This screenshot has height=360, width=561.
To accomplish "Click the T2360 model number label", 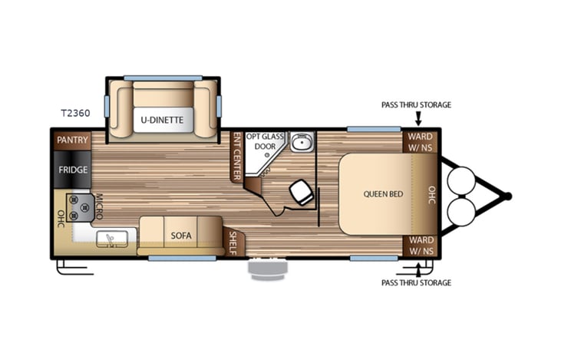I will pos(74,113).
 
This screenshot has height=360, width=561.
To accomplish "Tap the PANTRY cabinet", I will pos(73,140).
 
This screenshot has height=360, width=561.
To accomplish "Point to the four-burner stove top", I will pos(81,205).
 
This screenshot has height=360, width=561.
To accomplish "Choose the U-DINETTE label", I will pos(160,120).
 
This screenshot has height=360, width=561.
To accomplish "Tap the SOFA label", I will pos(180,235).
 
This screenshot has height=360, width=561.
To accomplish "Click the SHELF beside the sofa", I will pos(234,243).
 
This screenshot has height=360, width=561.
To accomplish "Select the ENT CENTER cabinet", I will pos(236,157).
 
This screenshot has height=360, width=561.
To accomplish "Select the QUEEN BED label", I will pos(383,193).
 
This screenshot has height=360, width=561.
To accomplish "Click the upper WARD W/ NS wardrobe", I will pos(419,142).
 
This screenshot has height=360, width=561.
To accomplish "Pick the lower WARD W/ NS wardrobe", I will pos(419,246).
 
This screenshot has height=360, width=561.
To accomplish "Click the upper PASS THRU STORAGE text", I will pos(416,104).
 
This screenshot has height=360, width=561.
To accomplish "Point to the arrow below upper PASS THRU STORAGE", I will pos(418,118).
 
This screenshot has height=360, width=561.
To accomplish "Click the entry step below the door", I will pos(266,271).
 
